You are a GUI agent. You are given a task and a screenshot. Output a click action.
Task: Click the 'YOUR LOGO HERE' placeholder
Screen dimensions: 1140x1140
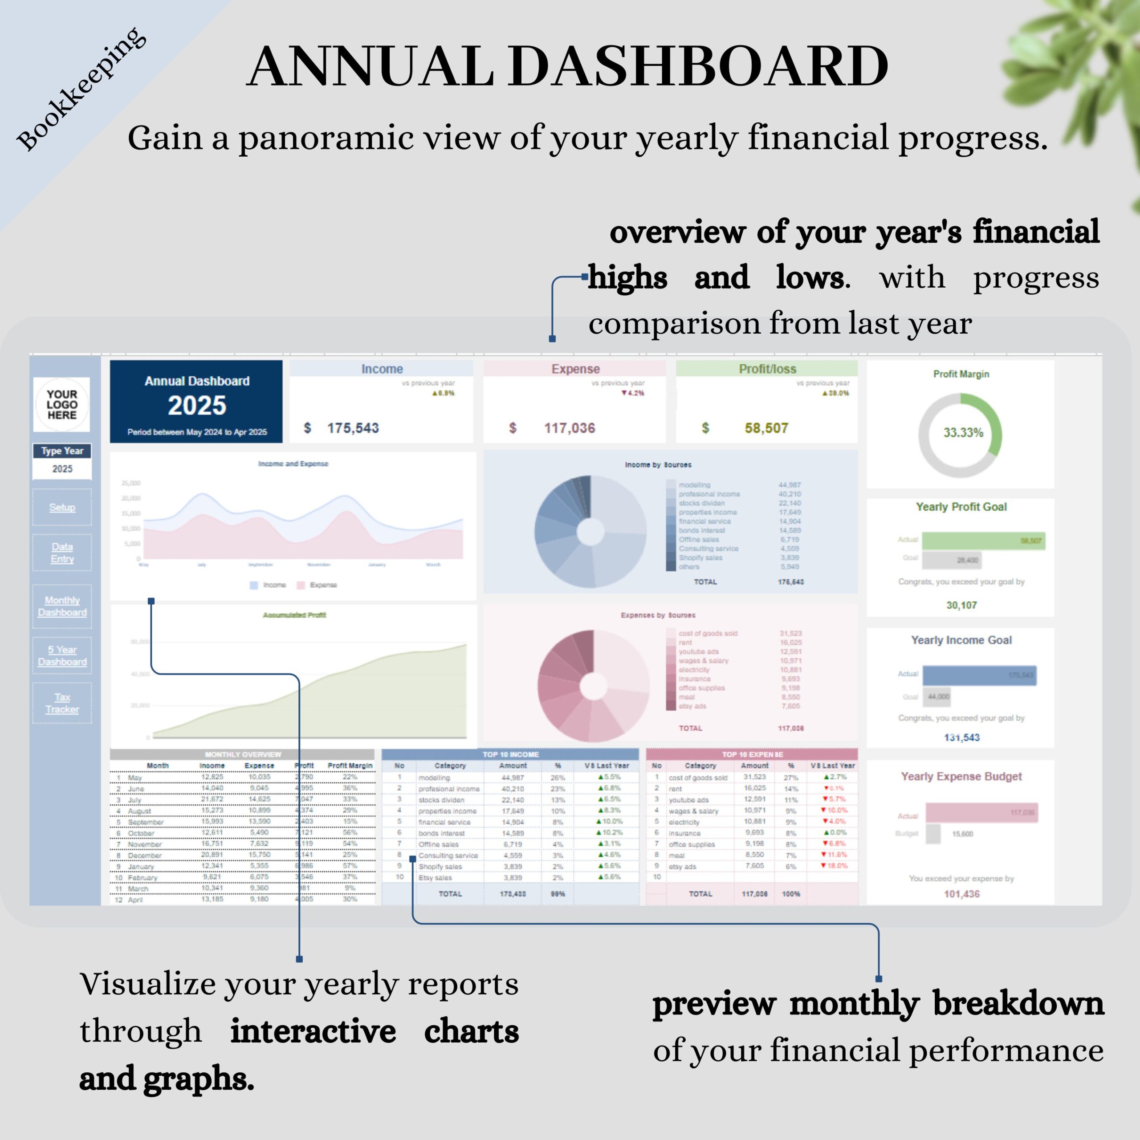(62, 404)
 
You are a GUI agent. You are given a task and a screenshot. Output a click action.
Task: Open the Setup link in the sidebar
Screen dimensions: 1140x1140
(62, 507)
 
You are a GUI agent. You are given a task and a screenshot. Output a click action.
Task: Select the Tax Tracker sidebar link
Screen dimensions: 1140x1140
(62, 703)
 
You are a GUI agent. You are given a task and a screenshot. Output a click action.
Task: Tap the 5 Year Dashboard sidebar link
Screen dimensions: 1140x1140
(62, 655)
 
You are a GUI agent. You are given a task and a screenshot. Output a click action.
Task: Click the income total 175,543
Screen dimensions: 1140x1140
(352, 428)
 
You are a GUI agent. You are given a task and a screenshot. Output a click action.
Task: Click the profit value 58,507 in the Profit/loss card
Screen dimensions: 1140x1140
(766, 428)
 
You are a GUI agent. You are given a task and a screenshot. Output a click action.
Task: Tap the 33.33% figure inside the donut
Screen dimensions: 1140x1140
(963, 432)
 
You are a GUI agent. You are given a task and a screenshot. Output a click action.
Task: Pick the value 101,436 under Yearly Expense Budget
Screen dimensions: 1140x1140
(961, 894)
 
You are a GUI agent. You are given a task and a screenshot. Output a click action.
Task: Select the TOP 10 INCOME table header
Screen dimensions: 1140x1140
(510, 754)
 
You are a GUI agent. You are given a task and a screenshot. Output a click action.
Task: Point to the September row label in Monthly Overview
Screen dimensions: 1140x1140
(145, 822)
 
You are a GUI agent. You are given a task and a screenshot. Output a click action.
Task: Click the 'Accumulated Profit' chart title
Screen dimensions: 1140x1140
(294, 615)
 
